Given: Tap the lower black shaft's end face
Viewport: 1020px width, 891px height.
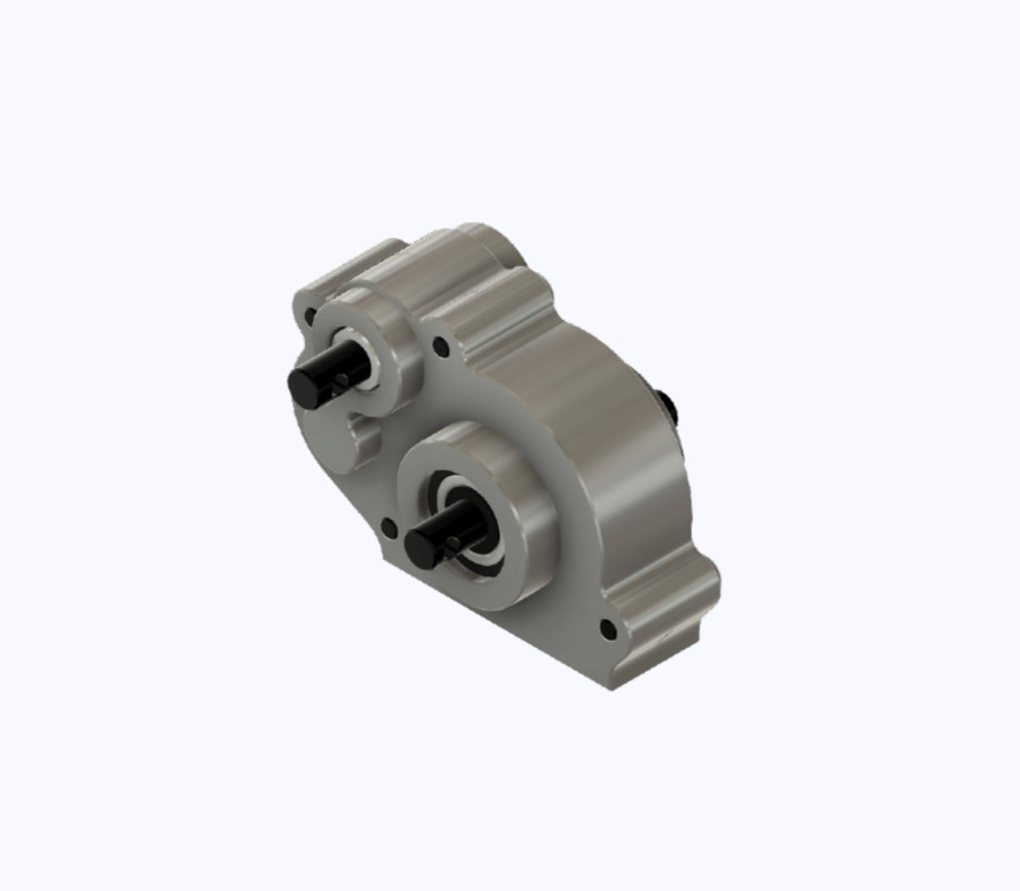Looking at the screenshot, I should (419, 547).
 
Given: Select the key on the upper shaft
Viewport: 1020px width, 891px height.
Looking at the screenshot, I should (339, 383).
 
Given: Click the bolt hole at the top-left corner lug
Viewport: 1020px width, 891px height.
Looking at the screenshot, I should (310, 316).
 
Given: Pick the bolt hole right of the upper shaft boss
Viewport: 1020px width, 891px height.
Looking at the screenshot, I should (439, 346).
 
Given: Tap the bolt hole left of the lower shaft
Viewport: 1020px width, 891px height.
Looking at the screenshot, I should (389, 528).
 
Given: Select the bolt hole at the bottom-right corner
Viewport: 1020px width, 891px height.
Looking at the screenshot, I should (607, 628).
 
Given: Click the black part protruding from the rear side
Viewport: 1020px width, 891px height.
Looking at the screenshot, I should (667, 404).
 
